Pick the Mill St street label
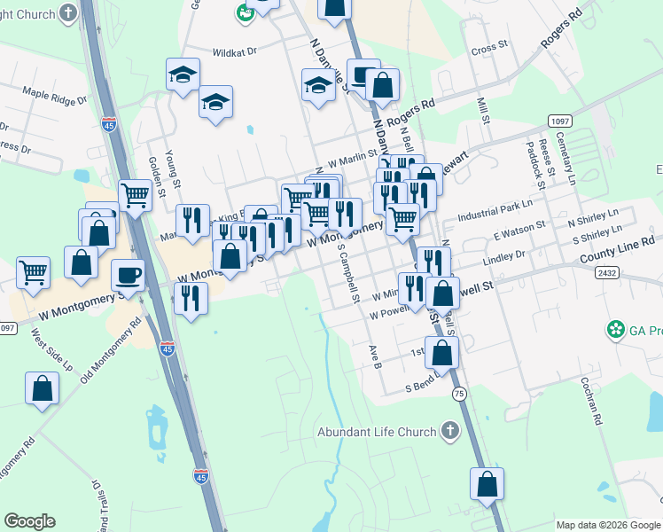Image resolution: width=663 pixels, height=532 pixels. pyautogui.click(x=483, y=116)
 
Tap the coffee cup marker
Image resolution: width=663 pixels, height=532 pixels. pyautogui.click(x=128, y=275)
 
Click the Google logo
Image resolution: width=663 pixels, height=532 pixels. pyautogui.click(x=29, y=521)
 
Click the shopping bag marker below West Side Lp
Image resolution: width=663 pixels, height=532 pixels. pyautogui.click(x=42, y=388)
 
